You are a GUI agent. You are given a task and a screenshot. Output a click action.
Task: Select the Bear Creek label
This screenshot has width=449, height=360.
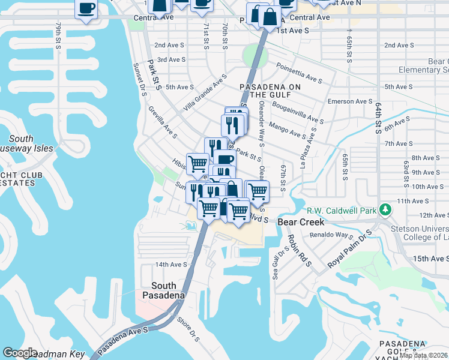301,222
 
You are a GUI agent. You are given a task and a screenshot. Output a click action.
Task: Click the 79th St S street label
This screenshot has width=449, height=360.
58,37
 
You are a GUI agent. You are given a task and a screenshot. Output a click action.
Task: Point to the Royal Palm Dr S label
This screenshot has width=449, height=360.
348,248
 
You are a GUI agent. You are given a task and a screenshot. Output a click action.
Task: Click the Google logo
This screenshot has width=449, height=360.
20,353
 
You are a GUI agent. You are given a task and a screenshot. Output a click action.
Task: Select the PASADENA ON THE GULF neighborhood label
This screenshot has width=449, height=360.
270,90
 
